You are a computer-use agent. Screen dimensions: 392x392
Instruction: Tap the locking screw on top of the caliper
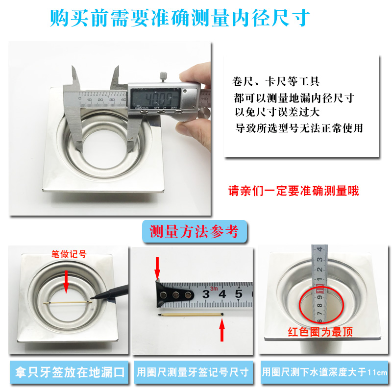click(x=163, y=77)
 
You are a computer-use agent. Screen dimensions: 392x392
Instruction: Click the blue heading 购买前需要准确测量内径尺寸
click(x=180, y=18)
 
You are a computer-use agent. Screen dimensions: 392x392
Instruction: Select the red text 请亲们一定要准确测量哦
click(x=294, y=191)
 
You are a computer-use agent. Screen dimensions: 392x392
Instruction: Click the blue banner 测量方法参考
click(x=195, y=231)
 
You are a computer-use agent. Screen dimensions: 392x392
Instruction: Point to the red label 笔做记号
click(x=69, y=254)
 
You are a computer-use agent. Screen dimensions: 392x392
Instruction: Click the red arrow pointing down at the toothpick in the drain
click(x=66, y=281)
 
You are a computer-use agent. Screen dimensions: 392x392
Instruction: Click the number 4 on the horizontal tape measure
click(x=222, y=294)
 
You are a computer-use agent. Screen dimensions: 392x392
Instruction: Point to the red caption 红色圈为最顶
click(x=320, y=332)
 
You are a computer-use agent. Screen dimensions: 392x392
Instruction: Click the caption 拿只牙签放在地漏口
click(x=70, y=372)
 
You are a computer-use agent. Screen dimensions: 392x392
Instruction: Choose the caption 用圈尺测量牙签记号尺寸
click(x=193, y=372)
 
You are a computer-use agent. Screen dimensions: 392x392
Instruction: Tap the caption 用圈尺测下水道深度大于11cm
click(x=324, y=372)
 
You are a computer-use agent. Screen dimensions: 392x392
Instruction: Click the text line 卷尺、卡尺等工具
click(x=276, y=81)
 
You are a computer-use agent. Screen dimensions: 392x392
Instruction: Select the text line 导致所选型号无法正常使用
click(x=299, y=128)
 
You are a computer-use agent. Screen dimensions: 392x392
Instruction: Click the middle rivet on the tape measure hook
click(x=176, y=295)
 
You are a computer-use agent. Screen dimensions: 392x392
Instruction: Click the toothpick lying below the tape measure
click(x=191, y=315)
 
